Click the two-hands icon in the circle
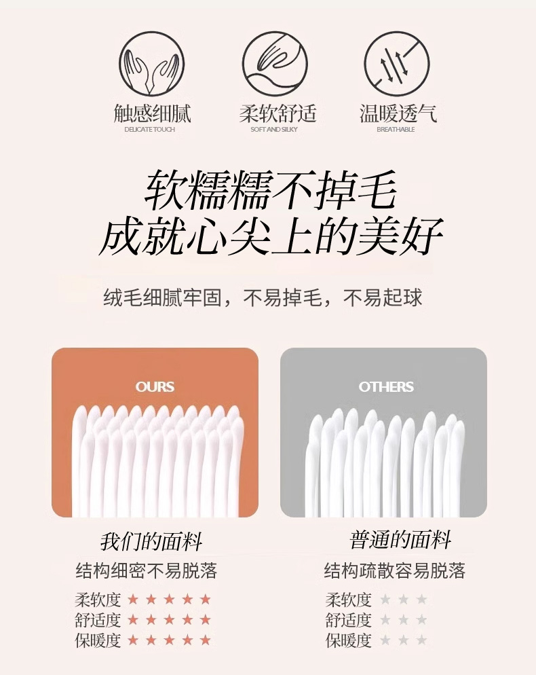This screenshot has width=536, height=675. [x=152, y=64]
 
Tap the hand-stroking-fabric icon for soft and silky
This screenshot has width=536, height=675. [x=275, y=64]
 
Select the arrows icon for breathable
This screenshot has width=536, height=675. [x=397, y=64]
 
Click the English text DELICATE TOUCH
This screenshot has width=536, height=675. [x=150, y=129]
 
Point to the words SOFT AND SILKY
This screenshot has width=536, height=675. [x=274, y=129]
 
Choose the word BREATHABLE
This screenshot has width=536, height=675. [x=396, y=129]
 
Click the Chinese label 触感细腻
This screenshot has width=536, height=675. [x=152, y=113]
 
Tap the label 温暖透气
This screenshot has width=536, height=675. [x=398, y=113]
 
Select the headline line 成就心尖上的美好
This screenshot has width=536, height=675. [x=271, y=236]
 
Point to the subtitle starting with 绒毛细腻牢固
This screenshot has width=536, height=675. [x=263, y=297]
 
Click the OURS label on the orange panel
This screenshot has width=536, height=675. [x=155, y=386]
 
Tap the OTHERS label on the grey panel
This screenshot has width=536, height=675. [x=386, y=386]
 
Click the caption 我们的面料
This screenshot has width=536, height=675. [x=151, y=541]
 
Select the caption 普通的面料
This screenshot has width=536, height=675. [x=400, y=540]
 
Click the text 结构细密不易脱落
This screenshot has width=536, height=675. [x=147, y=570]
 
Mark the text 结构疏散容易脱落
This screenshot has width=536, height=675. [x=395, y=570]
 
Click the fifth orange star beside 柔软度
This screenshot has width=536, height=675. [x=206, y=599]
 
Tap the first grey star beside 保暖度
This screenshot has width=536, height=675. [x=385, y=640]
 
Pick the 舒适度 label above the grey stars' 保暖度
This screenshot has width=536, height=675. [x=349, y=620]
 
